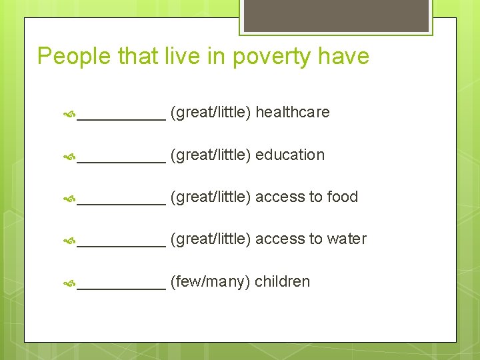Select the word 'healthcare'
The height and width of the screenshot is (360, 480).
(292, 112)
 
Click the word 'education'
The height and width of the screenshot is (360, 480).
(290, 155)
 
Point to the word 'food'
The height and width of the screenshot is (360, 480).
(343, 197)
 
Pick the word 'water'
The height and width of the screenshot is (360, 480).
(347, 239)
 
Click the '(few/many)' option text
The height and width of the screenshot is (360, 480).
(211, 281)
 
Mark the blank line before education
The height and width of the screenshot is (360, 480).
(121, 161)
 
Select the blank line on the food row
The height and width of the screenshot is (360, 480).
(121, 203)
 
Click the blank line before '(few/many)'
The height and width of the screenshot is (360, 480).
(121, 287)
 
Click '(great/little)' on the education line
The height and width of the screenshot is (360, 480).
(211, 155)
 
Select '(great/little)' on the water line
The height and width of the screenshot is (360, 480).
(211, 239)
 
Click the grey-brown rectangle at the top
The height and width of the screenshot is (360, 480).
(336, 16)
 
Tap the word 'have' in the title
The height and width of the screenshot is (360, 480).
(343, 57)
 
